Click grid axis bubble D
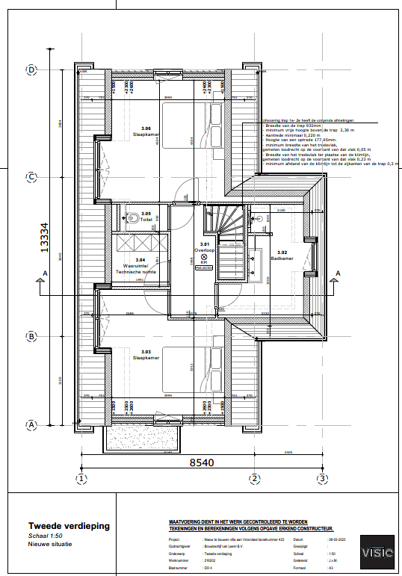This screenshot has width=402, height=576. click(x=31, y=69)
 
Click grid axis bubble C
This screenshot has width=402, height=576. click(x=31, y=177)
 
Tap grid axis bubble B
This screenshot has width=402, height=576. click(x=31, y=336)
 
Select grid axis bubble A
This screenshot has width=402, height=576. click(x=31, y=424)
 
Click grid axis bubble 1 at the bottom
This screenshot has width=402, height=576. click(x=82, y=478)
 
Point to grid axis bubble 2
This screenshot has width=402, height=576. click(x=254, y=478)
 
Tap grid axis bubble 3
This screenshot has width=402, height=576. click(x=322, y=478)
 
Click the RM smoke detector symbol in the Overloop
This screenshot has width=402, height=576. click(x=204, y=256)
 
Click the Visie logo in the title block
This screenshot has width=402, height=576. click(x=377, y=552)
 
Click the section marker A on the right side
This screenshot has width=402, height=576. click(x=337, y=274)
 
